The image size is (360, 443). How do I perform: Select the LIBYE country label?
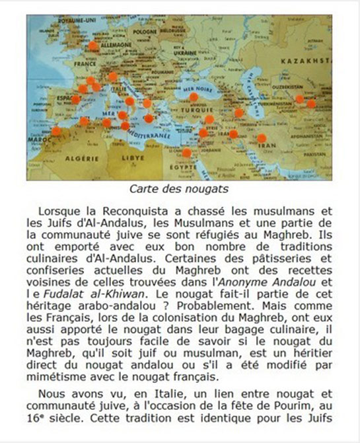point(133,159)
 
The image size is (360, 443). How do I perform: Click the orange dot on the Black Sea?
point(193,97)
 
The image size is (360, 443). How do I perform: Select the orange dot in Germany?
point(93,46)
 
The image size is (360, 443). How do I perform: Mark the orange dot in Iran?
point(262,139)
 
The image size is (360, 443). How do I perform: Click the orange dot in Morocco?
point(56,131)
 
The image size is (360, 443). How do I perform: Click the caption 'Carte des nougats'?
point(180,188)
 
